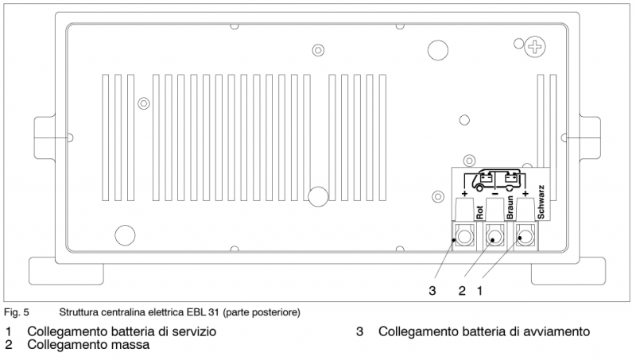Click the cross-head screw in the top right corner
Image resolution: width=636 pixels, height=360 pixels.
[536, 48]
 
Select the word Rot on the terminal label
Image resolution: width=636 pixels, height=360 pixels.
[479, 211]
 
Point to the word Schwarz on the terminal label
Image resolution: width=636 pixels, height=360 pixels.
[541, 202]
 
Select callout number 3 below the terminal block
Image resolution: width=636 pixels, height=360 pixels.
[432, 291]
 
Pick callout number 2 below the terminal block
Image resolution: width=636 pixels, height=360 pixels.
[462, 291]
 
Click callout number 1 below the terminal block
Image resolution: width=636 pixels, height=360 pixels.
[479, 291]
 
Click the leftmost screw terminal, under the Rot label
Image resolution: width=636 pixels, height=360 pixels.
[465, 237]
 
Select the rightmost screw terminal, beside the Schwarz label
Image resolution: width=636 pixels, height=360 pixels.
[524, 237]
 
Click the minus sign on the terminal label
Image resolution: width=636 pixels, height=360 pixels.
[494, 194]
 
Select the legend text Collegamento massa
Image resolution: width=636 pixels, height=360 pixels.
[88, 346]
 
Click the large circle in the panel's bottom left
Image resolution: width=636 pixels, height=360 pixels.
[125, 234]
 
